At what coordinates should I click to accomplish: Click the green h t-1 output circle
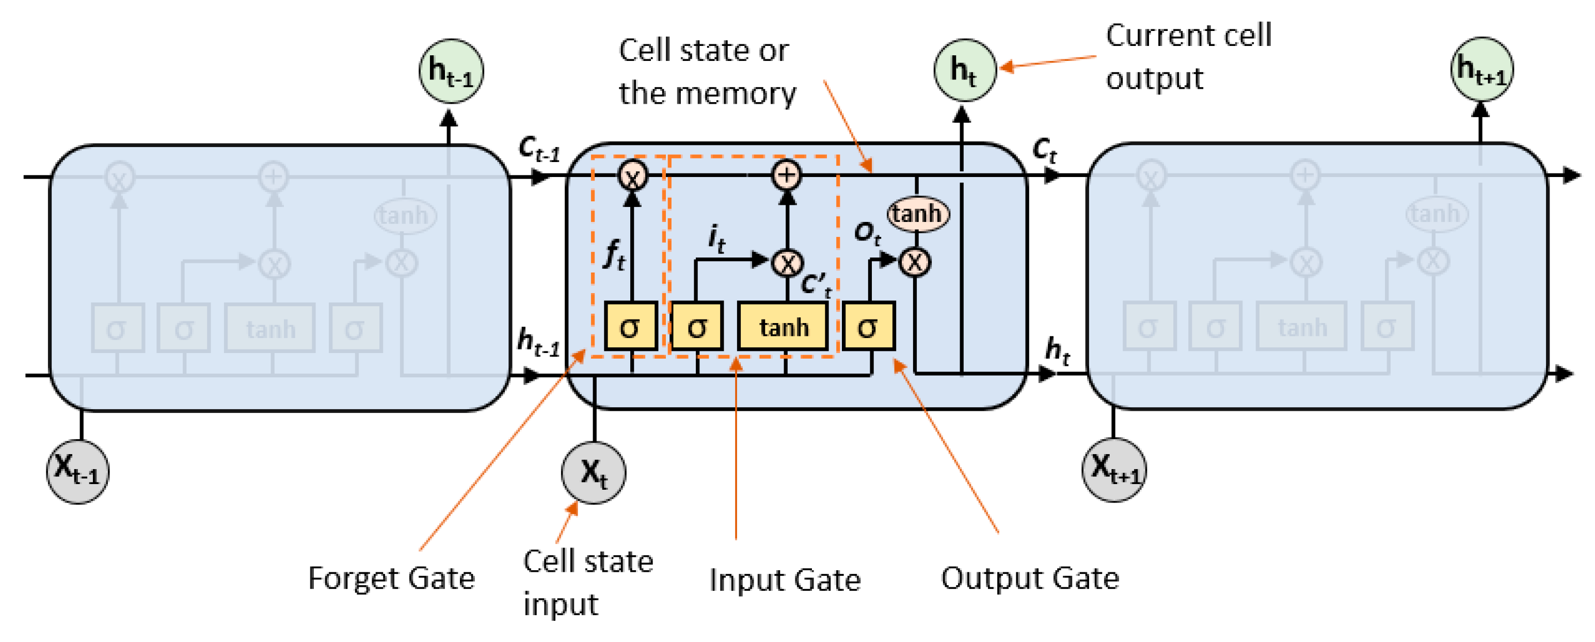[x=451, y=71]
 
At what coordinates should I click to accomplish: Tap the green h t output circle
[x=964, y=70]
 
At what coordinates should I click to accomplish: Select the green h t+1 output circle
[x=1481, y=69]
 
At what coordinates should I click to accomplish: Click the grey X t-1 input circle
[x=77, y=471]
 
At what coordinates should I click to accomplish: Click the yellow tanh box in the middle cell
[x=783, y=326]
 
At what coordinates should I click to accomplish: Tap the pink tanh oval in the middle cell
[x=917, y=214]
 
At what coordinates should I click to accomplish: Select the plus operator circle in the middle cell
[x=786, y=175]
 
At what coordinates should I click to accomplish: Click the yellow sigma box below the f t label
[x=630, y=326]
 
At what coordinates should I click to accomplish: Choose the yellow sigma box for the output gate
[x=868, y=326]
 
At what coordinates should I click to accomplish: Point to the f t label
[x=614, y=254]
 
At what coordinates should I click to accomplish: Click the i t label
[x=716, y=238]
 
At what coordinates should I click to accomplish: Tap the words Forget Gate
[x=391, y=578]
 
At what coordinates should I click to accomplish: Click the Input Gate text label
[x=785, y=580]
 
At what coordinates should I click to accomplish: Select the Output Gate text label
[x=1030, y=578]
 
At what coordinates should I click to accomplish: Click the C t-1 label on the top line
[x=539, y=149]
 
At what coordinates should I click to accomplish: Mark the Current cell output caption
[x=1188, y=57]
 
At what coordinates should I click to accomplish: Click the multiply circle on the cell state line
[x=632, y=176]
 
